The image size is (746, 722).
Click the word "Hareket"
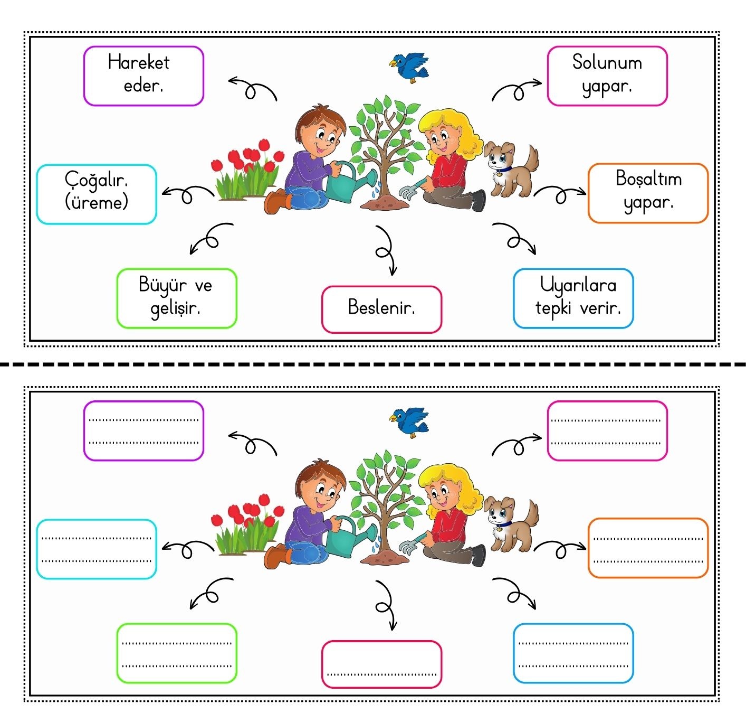click(139, 62)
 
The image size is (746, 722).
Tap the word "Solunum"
click(607, 62)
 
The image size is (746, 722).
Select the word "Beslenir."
click(381, 307)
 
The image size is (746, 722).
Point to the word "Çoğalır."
click(97, 180)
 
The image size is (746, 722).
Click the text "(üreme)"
click(97, 202)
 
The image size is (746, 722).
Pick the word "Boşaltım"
click(648, 179)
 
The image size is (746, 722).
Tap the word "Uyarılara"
click(578, 285)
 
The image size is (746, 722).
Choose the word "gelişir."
click(175, 308)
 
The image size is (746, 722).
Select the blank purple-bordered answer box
click(144, 430)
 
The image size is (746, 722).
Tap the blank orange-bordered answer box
click(648, 548)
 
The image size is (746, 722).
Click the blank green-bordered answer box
click(177, 653)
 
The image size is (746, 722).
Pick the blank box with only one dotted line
click(381, 664)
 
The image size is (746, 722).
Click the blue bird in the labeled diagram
click(410, 66)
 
